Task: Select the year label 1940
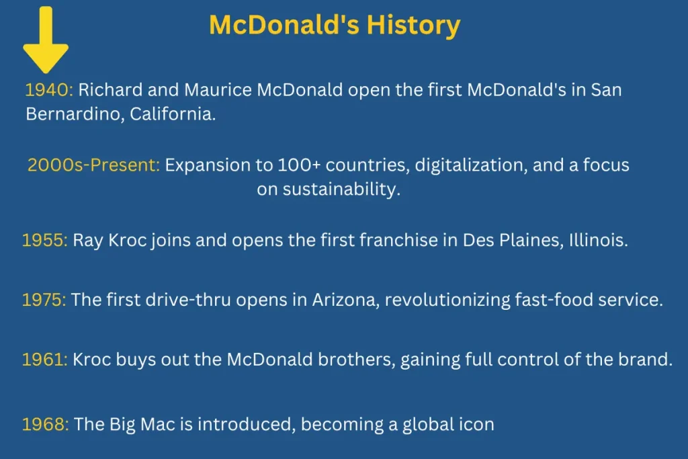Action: [x=49, y=90]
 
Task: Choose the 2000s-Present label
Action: [x=93, y=165]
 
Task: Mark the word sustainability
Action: [x=341, y=190]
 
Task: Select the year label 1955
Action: [x=45, y=241]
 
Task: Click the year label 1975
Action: [x=44, y=300]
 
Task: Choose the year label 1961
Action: [x=45, y=360]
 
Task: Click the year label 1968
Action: [x=45, y=425]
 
